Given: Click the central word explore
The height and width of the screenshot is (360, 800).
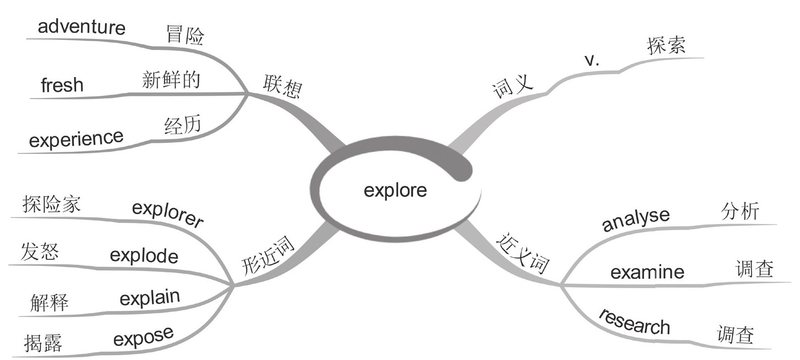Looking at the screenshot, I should click(395, 190).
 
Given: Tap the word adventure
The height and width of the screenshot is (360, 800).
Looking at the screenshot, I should click(81, 27).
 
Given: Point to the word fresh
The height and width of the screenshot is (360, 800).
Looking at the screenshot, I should click(62, 85).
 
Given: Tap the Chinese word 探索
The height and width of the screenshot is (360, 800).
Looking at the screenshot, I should click(666, 46).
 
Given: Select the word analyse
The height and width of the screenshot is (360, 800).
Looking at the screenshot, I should click(636, 220).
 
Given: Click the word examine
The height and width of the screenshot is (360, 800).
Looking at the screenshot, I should click(647, 272).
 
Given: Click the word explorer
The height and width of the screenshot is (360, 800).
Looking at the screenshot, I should click(168, 214).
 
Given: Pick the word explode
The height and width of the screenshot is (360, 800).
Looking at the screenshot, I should click(144, 256).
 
